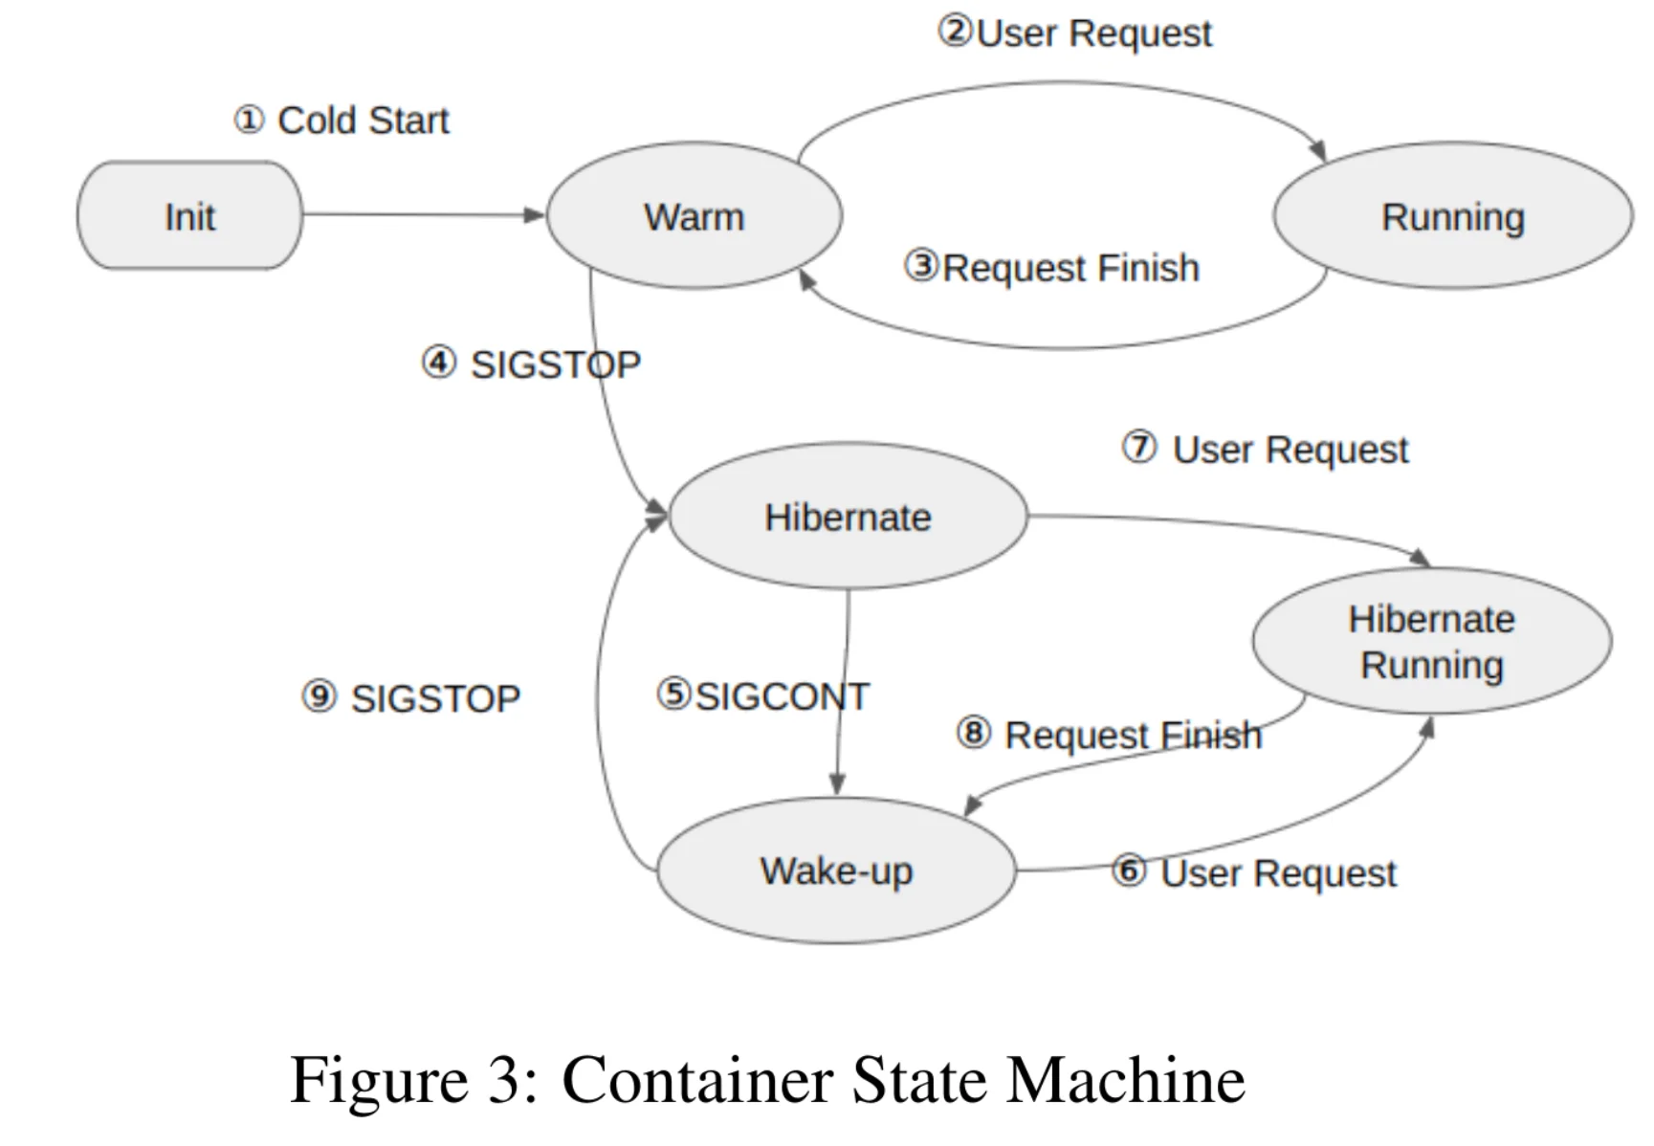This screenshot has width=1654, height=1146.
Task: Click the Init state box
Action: (x=189, y=215)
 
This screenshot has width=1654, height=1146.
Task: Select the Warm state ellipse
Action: (x=695, y=215)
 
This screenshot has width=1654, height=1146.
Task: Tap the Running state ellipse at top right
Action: (x=1452, y=215)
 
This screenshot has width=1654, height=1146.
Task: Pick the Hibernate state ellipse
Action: (x=848, y=516)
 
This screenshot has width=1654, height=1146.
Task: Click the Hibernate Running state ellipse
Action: (x=1432, y=641)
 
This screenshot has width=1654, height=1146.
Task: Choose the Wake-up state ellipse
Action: (x=836, y=871)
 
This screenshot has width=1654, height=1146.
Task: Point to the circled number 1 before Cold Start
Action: (x=249, y=121)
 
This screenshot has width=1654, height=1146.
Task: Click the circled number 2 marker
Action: (x=955, y=32)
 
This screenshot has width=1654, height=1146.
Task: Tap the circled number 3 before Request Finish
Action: (x=921, y=266)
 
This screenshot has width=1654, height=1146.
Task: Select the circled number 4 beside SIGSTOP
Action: (x=438, y=363)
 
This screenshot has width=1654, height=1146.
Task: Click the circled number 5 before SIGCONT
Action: (x=673, y=694)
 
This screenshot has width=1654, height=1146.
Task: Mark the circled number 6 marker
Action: (x=1129, y=871)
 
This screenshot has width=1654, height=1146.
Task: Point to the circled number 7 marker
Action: (x=1139, y=447)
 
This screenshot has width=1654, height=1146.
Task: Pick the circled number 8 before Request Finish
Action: (x=973, y=734)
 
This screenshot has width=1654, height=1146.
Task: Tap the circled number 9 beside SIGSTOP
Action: (x=320, y=696)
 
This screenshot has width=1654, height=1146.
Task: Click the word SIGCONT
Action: (x=783, y=696)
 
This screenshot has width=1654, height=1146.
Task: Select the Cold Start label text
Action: (x=364, y=121)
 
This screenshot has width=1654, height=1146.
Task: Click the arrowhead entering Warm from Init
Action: (x=535, y=215)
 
